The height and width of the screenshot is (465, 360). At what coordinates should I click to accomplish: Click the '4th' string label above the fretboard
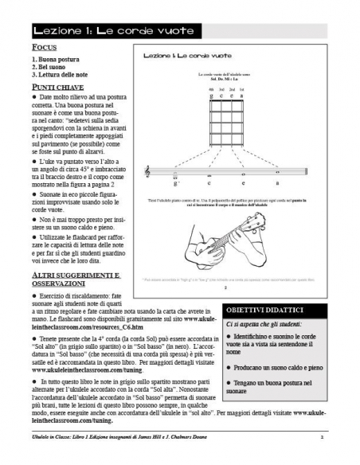[210, 89]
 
